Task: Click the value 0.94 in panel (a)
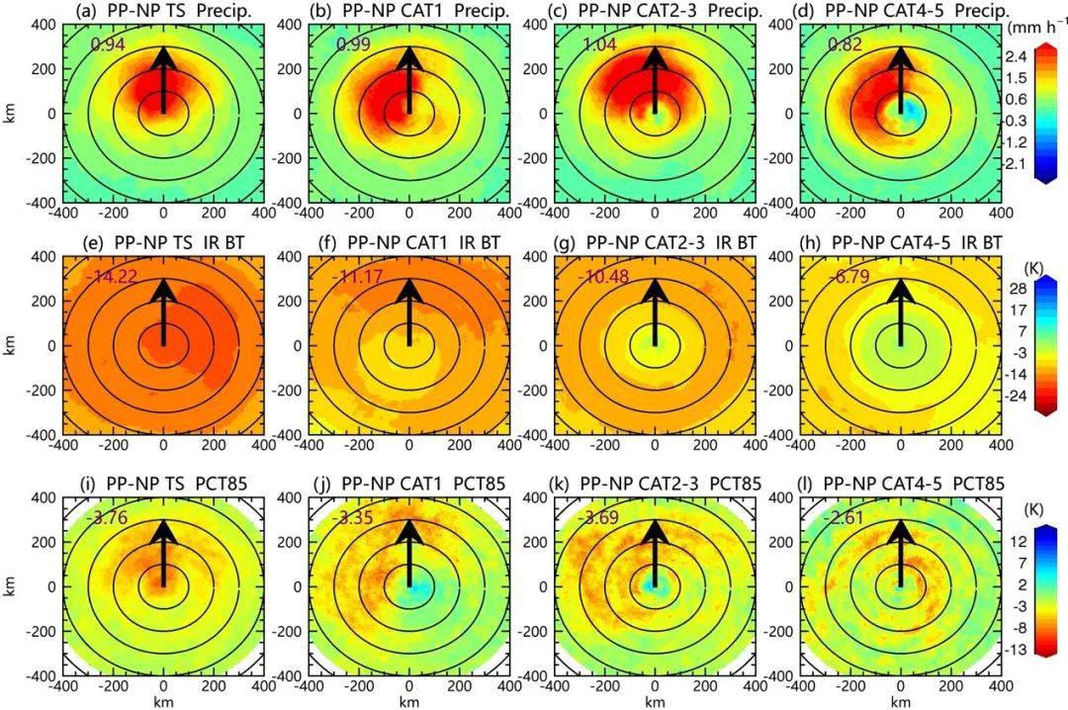pyautogui.click(x=108, y=44)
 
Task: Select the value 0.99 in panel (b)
pyautogui.click(x=353, y=44)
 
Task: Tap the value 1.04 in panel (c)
pyautogui.click(x=599, y=44)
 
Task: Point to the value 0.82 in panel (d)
pyautogui.click(x=845, y=44)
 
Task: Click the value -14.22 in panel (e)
pyautogui.click(x=111, y=278)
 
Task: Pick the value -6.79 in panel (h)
pyautogui.click(x=848, y=278)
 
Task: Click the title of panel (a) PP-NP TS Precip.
pyautogui.click(x=162, y=10)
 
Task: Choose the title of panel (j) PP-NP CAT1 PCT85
pyautogui.click(x=409, y=484)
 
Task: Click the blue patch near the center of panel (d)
pyautogui.click(x=913, y=115)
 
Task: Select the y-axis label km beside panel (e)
pyautogui.click(x=10, y=346)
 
